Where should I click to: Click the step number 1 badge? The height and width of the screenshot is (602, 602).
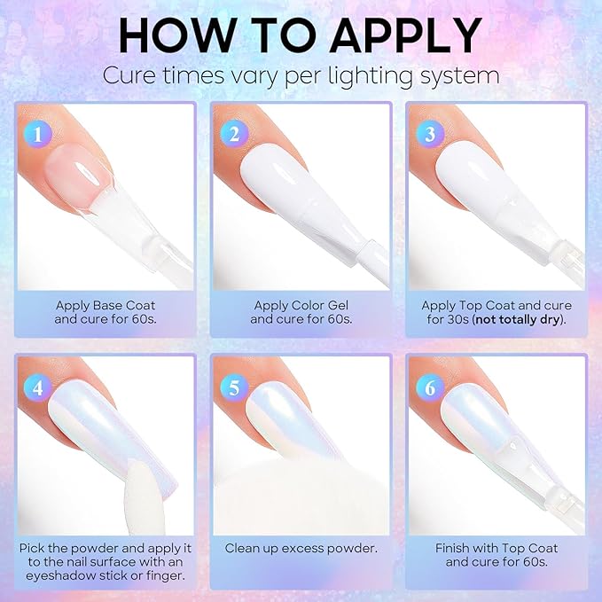point(37,134)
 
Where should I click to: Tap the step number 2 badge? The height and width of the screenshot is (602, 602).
point(234,134)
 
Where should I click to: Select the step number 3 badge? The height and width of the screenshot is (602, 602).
point(430,134)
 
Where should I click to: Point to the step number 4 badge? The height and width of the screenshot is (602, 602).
point(37,387)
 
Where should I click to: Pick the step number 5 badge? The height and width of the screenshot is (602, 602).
point(234,387)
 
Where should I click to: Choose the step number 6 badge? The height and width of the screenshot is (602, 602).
point(430,387)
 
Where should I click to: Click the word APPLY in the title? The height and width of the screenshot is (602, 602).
point(406,35)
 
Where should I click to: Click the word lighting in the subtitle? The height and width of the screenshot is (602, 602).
point(370,76)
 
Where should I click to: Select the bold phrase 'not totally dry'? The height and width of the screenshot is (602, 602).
point(517,319)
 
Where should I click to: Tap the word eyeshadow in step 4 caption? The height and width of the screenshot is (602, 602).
point(60,576)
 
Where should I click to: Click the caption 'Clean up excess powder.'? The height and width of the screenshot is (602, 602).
point(301,548)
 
